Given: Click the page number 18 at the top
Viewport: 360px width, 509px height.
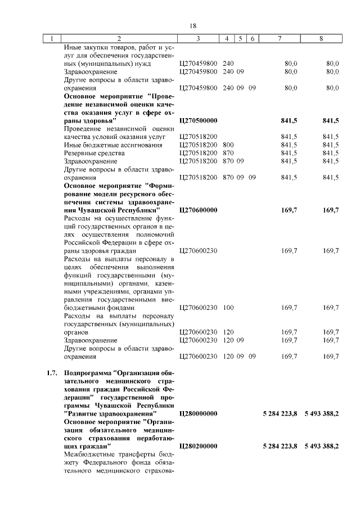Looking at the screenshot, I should pyautogui.click(x=192, y=26).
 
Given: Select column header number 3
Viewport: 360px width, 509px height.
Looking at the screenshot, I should pyautogui.click(x=199, y=39).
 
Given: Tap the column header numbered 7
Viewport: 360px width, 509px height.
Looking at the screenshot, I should pyautogui.click(x=280, y=39).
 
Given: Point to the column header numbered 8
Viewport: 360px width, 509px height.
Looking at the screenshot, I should pyautogui.click(x=321, y=39).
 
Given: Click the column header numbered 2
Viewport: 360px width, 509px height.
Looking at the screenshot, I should pyautogui.click(x=119, y=39).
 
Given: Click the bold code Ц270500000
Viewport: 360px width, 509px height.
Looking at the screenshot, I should pyautogui.click(x=198, y=120).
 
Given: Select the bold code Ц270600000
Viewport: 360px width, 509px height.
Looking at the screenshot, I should pyautogui.click(x=198, y=210).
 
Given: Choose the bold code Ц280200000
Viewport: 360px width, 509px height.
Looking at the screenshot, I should pyautogui.click(x=198, y=446).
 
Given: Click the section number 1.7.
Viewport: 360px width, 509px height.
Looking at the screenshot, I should pyautogui.click(x=52, y=373).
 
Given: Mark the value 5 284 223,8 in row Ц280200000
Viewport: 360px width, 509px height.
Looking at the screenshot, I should pyautogui.click(x=280, y=446).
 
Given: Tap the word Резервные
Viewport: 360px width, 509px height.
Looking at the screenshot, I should pyautogui.click(x=82, y=153).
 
